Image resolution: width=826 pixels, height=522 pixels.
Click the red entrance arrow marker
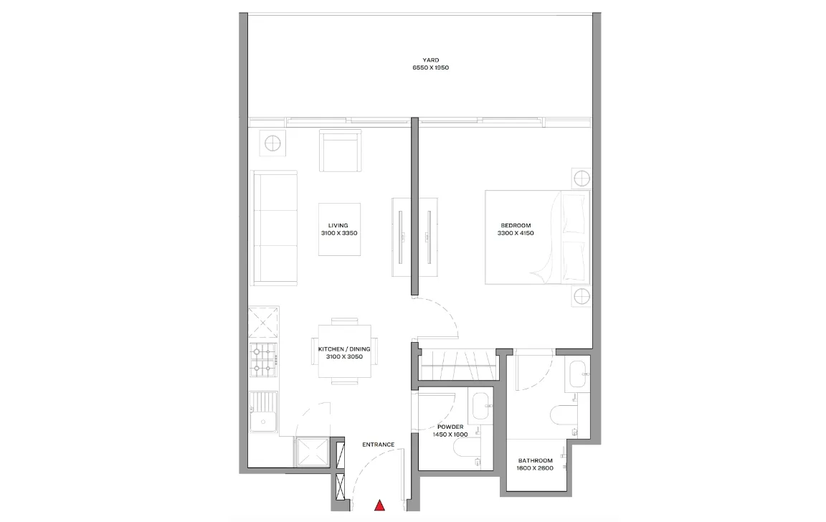(379, 506)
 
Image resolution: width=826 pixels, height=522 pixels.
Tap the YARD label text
(430, 60)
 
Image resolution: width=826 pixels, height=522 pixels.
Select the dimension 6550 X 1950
(430, 67)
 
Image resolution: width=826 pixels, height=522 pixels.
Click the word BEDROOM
(516, 225)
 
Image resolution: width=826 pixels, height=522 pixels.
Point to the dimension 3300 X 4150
(516, 233)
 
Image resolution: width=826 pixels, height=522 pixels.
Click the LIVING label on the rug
(338, 225)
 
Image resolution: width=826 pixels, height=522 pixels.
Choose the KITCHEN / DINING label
(344, 349)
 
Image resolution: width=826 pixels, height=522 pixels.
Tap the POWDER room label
(450, 427)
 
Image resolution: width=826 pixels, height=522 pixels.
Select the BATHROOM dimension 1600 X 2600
(535, 468)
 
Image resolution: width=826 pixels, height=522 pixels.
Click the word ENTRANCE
(379, 445)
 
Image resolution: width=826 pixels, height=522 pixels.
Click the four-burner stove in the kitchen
(263, 360)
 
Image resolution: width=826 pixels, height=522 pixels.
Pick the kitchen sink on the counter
(263, 412)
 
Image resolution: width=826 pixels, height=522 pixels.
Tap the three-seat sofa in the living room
(273, 228)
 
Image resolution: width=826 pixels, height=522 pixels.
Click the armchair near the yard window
(341, 151)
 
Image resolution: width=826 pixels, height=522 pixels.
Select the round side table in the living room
(272, 143)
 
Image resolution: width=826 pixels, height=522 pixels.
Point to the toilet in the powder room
(467, 448)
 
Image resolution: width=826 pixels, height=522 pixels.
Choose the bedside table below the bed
(581, 297)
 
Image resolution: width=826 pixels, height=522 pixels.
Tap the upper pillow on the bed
(574, 214)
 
